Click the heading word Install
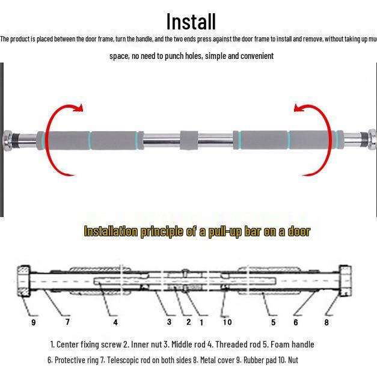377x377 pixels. click(191, 22)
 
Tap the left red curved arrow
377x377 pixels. click(53, 138)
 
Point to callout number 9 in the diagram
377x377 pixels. click(34, 322)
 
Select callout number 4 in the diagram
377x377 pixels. click(115, 322)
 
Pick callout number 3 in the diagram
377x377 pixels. click(169, 322)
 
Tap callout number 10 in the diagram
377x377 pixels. click(227, 322)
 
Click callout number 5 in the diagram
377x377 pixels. click(273, 322)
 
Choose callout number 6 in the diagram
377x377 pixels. click(296, 322)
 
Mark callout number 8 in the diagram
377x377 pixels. click(326, 322)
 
